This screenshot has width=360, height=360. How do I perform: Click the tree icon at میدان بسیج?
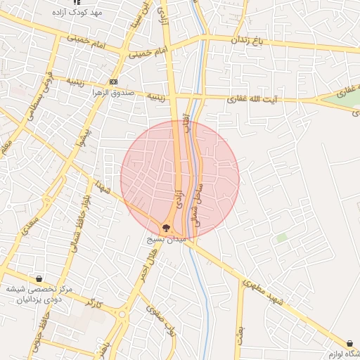click(166, 227)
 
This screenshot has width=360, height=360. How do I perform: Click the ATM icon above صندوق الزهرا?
click(114, 81)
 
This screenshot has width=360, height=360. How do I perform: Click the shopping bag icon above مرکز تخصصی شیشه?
click(39, 279)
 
